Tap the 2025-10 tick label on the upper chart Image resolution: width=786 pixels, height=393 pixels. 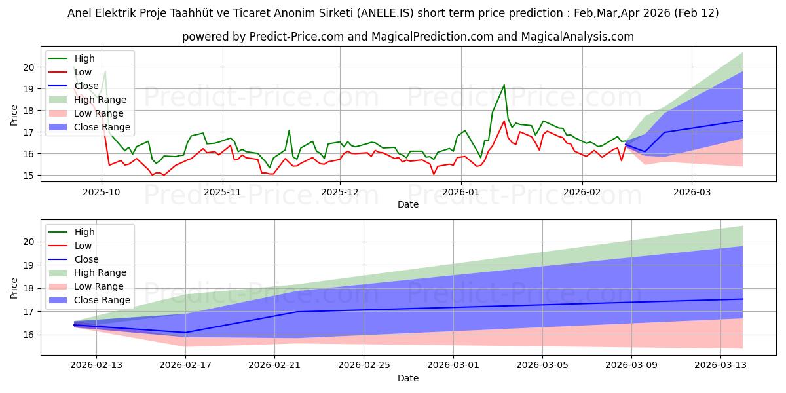tap(102, 192)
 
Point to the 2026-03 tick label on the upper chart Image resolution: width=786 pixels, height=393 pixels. tap(691, 192)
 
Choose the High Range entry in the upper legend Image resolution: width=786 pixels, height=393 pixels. tap(100, 100)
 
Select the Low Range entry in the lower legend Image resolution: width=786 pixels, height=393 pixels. tap(99, 286)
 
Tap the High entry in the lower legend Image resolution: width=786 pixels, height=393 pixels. tap(84, 232)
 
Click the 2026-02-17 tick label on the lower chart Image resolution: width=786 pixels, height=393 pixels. tap(185, 365)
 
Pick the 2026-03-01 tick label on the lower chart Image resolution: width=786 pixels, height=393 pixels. tap(453, 365)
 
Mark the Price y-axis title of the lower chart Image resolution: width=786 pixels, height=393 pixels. tap(14, 288)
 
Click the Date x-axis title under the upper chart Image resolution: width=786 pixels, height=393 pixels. tap(408, 204)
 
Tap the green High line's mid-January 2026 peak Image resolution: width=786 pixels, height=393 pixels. tap(504, 85)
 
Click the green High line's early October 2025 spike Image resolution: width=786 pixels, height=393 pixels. tap(105, 71)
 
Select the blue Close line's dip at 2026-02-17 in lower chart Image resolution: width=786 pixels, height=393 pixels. tap(185, 333)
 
